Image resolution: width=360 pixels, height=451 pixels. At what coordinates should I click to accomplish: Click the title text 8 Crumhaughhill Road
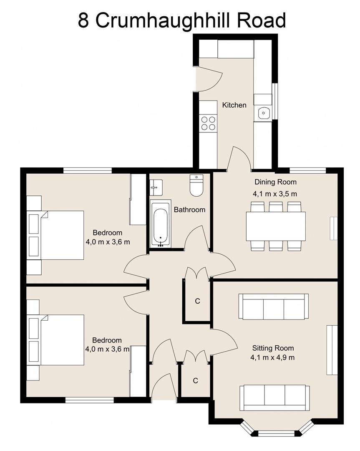point(181,20)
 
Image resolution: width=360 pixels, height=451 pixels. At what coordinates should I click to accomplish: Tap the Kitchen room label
point(234,105)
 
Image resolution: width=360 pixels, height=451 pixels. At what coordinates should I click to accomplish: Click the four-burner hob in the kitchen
point(208,123)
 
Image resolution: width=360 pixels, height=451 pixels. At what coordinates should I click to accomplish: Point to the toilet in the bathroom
point(196,185)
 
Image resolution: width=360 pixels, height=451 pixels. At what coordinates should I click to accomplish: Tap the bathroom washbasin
point(156,187)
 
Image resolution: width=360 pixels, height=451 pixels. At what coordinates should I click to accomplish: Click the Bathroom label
point(189,210)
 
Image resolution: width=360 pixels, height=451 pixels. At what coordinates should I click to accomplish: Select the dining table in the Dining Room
point(276,226)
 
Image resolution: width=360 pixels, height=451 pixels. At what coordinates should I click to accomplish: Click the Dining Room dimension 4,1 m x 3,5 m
point(275,194)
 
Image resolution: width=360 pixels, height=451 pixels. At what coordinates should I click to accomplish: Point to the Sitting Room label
point(273,348)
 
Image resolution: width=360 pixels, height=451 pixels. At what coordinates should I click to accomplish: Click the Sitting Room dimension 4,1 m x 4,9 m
point(272,357)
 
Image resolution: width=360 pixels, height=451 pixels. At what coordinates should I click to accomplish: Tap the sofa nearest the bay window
point(274,398)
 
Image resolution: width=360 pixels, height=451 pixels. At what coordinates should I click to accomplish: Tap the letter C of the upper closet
point(197,301)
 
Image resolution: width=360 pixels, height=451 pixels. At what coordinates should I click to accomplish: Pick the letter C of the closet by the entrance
point(195,380)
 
